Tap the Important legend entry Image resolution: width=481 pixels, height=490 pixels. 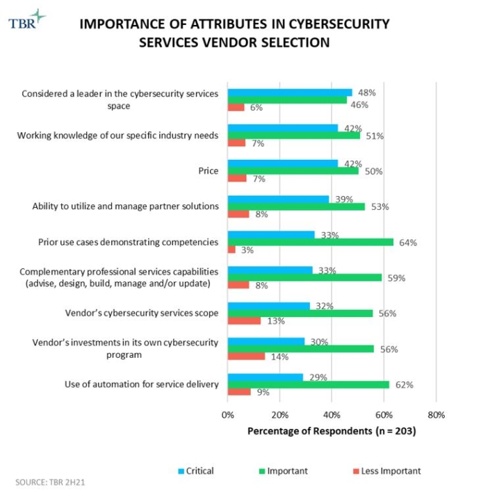283,471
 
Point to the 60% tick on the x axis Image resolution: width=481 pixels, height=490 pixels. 384,415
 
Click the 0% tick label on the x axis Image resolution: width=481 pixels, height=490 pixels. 228,415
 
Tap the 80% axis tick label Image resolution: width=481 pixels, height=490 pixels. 436,415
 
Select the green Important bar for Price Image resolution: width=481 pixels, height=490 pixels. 293,171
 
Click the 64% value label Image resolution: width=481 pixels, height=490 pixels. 407,243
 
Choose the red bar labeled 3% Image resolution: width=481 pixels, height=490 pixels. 231,250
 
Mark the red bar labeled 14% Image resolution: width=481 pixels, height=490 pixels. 246,357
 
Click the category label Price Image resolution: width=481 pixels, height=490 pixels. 209,171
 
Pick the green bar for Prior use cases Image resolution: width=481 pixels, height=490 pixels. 311,243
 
